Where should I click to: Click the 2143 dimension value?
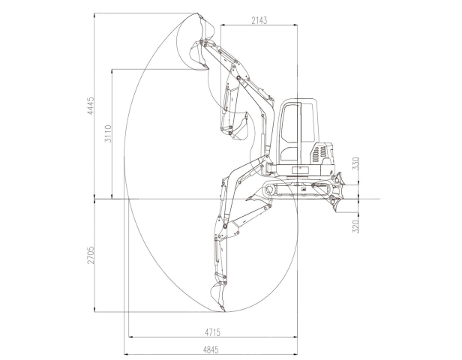[259, 20]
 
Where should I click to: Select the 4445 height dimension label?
[91, 106]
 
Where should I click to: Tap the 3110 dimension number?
[109, 133]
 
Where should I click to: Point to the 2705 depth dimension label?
[91, 255]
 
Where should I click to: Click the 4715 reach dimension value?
[212, 332]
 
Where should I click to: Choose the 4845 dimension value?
[211, 349]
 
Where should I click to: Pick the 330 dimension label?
[355, 163]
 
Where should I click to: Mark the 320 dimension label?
[355, 226]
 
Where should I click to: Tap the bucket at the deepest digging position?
[218, 296]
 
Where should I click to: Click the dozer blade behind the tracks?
[337, 192]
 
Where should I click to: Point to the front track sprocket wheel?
[269, 190]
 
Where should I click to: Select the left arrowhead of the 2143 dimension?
[223, 25]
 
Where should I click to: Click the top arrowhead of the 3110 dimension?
[112, 71]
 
